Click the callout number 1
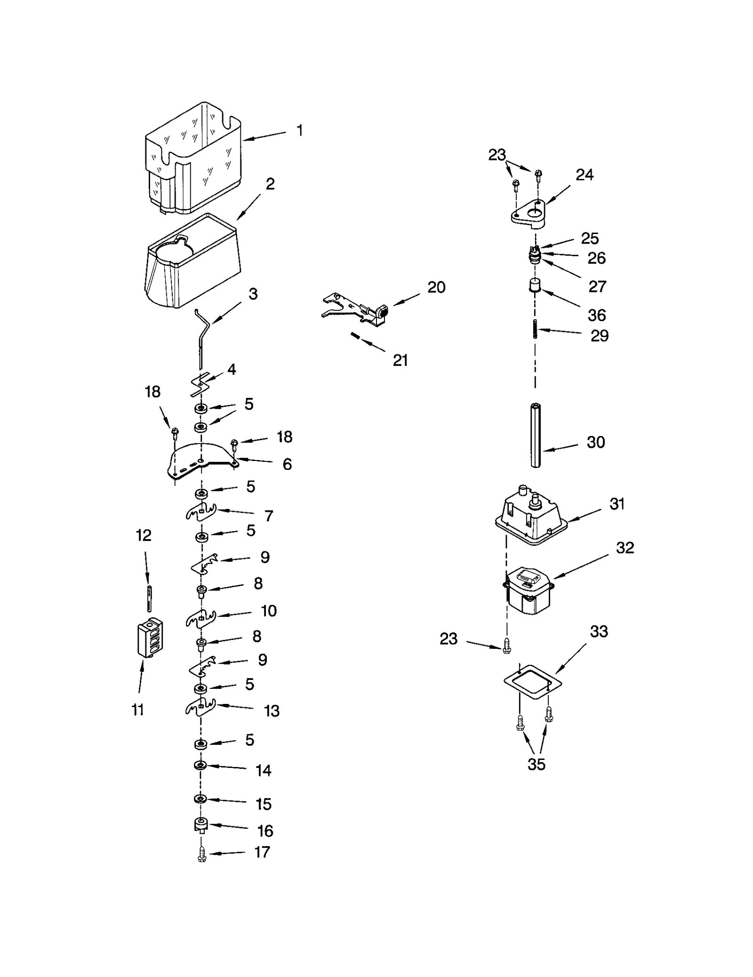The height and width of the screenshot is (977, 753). (x=299, y=130)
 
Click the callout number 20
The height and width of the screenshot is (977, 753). (x=436, y=287)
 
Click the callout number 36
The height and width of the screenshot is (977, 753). (x=596, y=315)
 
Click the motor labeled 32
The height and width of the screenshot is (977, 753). (x=527, y=591)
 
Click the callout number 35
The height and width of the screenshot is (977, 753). (x=536, y=765)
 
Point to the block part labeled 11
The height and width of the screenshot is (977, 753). (x=149, y=636)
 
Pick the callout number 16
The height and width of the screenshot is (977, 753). (x=265, y=831)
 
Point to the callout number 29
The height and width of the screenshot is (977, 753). (x=599, y=336)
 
